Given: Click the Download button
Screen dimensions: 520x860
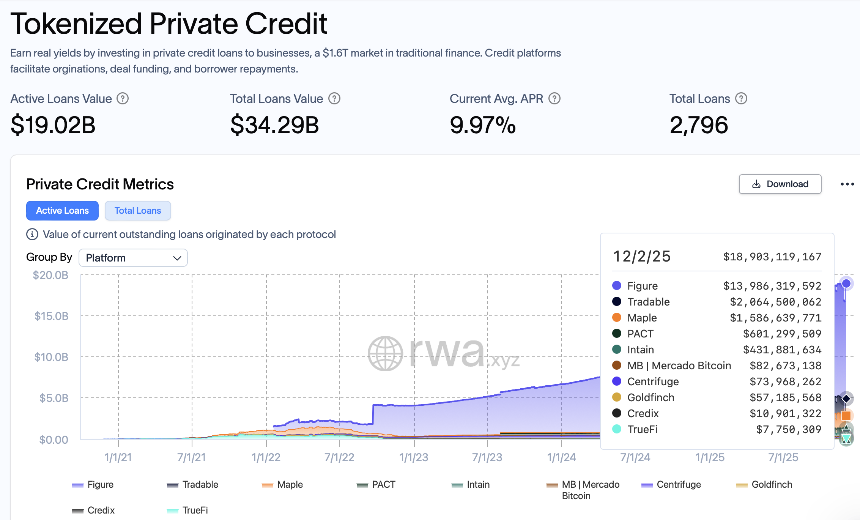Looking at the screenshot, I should pyautogui.click(x=780, y=184).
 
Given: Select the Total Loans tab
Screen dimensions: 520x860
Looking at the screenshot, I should pyautogui.click(x=138, y=211).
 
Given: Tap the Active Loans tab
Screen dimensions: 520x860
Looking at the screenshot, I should pyautogui.click(x=62, y=211).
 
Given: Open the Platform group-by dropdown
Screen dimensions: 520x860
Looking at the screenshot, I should pyautogui.click(x=133, y=258).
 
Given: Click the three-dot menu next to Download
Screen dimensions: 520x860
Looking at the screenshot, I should pyautogui.click(x=847, y=184).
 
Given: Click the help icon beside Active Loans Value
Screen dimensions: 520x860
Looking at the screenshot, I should pyautogui.click(x=123, y=99).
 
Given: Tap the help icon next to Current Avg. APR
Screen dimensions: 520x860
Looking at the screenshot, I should pyautogui.click(x=554, y=99).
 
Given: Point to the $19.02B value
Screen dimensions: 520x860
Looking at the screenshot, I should pyautogui.click(x=53, y=125).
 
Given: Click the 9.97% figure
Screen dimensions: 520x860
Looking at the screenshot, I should pyautogui.click(x=482, y=125).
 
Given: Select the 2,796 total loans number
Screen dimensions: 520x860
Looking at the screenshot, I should pyautogui.click(x=699, y=125).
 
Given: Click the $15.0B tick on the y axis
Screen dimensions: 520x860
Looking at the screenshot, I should pyautogui.click(x=51, y=316).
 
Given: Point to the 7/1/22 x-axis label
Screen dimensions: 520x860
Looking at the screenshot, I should pyautogui.click(x=339, y=457).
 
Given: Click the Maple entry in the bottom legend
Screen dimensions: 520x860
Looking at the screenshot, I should pyautogui.click(x=290, y=485).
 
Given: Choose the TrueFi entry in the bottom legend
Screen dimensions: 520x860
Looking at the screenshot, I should pyautogui.click(x=195, y=511).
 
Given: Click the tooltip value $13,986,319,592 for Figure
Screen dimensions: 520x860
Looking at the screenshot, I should pyautogui.click(x=772, y=286).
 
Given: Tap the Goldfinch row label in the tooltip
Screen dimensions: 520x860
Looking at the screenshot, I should pyautogui.click(x=651, y=397).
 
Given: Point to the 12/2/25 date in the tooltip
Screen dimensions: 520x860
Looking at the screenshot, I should pyautogui.click(x=642, y=257).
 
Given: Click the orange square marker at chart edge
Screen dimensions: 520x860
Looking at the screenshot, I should pyautogui.click(x=846, y=415).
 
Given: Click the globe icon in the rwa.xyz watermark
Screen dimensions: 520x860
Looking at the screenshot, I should pyautogui.click(x=385, y=353).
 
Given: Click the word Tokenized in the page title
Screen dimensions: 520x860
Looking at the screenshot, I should pyautogui.click(x=76, y=24).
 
